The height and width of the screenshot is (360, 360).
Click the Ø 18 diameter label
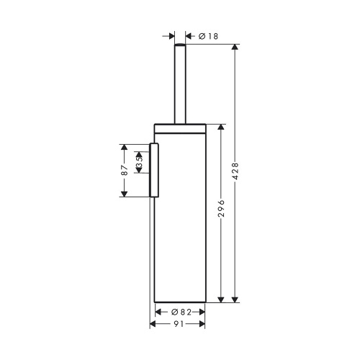(x=208, y=35)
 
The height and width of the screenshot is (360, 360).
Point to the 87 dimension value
(x=125, y=170)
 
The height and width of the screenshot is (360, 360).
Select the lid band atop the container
(x=181, y=128)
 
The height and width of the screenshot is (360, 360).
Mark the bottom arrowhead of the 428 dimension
(x=235, y=298)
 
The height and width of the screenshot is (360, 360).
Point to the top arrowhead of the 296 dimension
(x=222, y=127)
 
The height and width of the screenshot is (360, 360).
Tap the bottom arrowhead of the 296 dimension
(x=222, y=298)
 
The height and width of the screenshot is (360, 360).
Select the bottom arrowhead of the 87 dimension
(x=125, y=192)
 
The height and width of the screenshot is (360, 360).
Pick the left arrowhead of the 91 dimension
(x=153, y=324)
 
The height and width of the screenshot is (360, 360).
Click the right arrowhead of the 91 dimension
(x=203, y=324)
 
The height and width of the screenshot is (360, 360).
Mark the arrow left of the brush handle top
(x=170, y=35)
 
